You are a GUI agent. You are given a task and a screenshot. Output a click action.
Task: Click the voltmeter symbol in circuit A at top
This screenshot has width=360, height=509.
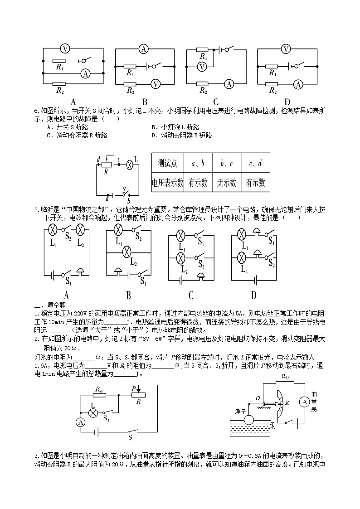(65, 48)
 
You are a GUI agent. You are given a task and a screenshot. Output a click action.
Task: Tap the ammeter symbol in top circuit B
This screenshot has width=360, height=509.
(144, 49)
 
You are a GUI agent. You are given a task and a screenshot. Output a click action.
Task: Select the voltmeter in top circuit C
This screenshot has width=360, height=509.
(202, 67)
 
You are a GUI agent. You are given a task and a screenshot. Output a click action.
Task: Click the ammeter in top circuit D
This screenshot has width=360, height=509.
(298, 85)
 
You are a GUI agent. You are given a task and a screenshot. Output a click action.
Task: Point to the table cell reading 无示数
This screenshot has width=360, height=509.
(227, 183)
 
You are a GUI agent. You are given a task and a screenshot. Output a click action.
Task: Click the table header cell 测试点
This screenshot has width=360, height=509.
(167, 163)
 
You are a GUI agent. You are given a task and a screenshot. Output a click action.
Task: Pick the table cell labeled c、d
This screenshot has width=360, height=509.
(255, 164)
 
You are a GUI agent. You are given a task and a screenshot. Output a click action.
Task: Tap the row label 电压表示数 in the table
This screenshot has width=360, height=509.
(167, 183)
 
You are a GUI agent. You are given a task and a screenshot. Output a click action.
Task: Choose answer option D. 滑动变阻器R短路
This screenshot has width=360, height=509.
(181, 136)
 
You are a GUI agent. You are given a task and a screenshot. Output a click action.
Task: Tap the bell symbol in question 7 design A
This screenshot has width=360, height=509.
(80, 272)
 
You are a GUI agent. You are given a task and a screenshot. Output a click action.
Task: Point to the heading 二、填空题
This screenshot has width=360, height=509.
(50, 305)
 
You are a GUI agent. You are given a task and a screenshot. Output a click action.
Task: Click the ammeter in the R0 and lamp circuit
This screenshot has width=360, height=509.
(80, 422)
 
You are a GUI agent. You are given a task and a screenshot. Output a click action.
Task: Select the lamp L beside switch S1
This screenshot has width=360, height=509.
(93, 412)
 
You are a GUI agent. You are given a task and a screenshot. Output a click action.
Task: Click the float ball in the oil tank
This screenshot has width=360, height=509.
(250, 419)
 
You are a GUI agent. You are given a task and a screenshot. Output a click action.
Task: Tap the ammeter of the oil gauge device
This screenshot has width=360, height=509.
(305, 402)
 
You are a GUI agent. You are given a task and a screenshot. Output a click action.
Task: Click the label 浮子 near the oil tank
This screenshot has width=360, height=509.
(241, 412)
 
